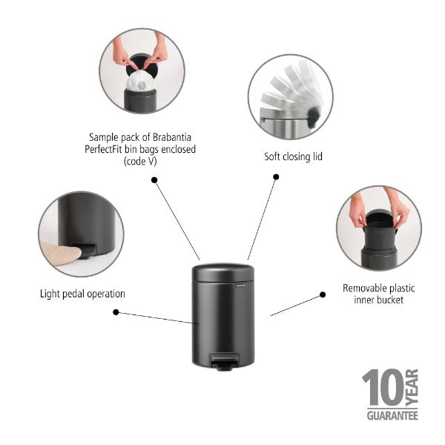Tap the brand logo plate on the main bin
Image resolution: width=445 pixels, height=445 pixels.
click(241, 286)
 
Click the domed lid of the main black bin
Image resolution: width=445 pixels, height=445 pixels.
click(223, 272)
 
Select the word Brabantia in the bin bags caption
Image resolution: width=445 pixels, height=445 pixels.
click(172, 137)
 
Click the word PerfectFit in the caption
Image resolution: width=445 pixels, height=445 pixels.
click(103, 149)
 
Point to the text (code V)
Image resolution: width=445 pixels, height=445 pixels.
click(140, 162)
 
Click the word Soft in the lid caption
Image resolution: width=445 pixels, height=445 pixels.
click(272, 156)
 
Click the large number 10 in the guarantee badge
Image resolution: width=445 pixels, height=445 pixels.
click(383, 387)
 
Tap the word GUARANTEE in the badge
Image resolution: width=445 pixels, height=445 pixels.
click(392, 416)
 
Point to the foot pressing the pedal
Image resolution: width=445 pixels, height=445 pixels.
click(60, 254)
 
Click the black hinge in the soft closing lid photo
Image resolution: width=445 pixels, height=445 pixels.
click(313, 116)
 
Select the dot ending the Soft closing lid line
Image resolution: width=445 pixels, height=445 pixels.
click(276, 177)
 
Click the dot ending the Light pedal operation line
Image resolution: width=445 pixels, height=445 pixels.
click(116, 312)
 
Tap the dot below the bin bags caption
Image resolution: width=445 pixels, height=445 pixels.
click(154, 180)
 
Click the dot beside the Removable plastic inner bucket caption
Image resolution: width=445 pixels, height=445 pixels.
click(323, 294)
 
